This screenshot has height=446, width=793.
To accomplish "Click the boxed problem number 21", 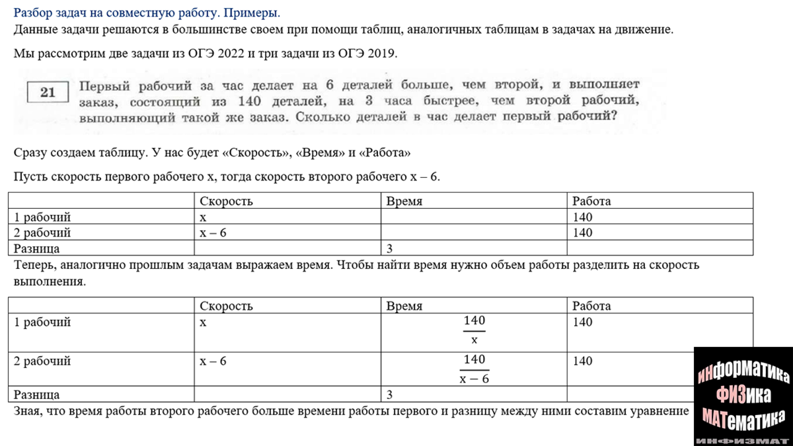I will [x=48, y=92].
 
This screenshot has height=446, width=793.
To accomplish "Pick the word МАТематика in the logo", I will [x=743, y=416].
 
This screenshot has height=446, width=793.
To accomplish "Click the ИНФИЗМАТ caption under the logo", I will [x=743, y=439].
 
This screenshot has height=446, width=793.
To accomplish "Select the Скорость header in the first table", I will [x=226, y=201].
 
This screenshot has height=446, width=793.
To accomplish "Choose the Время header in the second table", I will [x=404, y=306].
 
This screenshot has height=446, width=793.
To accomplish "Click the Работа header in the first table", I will [x=591, y=201].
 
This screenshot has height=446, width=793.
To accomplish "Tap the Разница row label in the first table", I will [x=37, y=248].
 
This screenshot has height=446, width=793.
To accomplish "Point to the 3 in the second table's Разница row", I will [x=390, y=394].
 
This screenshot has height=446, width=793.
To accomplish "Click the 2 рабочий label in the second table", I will [x=42, y=361].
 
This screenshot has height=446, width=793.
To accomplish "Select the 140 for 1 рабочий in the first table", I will [x=583, y=217].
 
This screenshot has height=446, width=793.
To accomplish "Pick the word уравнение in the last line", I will [x=658, y=410].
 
